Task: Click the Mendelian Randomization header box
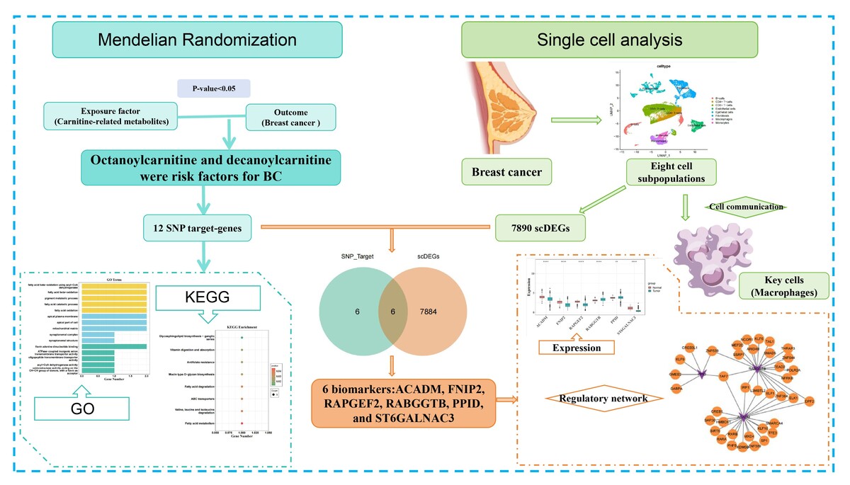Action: (x=198, y=40)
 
